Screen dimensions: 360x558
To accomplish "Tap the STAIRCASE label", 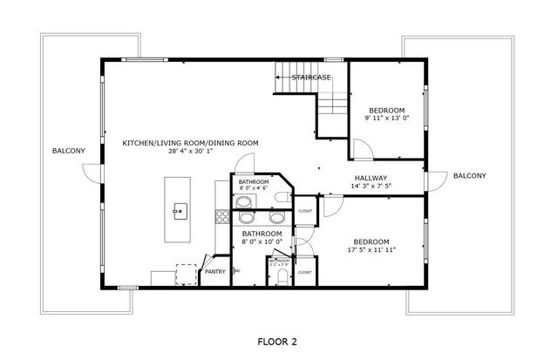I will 311,78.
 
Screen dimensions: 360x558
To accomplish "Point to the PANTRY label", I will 214,272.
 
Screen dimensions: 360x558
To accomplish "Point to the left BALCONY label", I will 68,151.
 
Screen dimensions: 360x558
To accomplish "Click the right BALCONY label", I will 469,176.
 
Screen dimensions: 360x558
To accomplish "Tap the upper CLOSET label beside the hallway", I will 305,211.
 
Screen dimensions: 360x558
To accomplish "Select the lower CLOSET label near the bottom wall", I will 304,272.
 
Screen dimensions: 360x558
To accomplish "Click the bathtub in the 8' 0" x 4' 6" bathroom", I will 244,203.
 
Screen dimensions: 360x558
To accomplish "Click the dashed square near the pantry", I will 186,272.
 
